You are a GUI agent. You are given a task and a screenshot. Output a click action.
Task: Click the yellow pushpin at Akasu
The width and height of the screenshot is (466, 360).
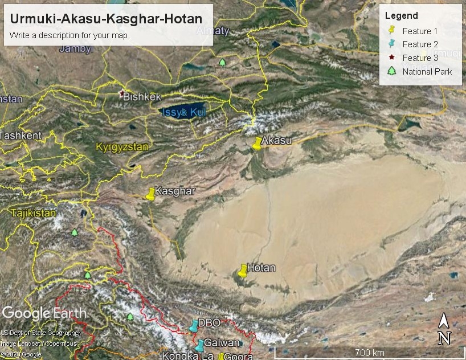coord(257,143)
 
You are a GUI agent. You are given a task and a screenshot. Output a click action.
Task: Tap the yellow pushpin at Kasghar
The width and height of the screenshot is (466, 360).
coord(150,194)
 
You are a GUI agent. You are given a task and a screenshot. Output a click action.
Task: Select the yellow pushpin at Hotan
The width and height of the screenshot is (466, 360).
coord(243,270)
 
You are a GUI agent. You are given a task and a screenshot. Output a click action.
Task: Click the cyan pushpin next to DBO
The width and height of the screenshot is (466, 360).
coord(194,325)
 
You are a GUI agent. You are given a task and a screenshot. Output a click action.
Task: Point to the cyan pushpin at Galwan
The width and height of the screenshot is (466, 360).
coord(199,345)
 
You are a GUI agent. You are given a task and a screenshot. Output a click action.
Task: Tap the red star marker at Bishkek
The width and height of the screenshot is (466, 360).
coord(121,93)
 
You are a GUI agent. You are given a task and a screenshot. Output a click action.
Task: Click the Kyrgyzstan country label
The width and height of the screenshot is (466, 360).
coord(122,147)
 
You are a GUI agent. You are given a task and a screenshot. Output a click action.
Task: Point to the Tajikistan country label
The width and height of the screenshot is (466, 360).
coord(34,213)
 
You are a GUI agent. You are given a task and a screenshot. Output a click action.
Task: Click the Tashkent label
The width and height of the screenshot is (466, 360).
coord(21,136)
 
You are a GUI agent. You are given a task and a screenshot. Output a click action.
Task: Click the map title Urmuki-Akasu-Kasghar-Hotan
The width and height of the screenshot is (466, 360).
coord(106,19)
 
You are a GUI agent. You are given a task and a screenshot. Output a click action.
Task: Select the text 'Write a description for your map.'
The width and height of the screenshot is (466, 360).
coord(70,35)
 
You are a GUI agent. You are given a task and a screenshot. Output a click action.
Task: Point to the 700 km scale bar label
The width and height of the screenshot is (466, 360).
coord(369,353)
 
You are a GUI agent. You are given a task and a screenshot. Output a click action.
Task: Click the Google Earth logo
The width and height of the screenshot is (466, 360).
coord(44,313)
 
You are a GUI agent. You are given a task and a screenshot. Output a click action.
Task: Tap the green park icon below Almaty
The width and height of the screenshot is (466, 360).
coord(222,62)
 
